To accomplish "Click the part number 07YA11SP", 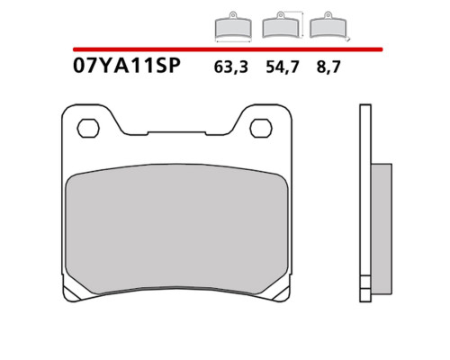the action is click(127, 66).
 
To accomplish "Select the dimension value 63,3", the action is click(231, 67).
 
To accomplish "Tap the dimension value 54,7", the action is click(283, 67).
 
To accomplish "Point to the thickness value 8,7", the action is click(328, 67).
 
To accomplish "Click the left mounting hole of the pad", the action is click(88, 128).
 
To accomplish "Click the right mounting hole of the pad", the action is click(261, 128).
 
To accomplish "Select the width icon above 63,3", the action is click(233, 27).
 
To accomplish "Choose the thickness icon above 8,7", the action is click(329, 26).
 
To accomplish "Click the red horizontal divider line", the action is click(228, 49).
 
